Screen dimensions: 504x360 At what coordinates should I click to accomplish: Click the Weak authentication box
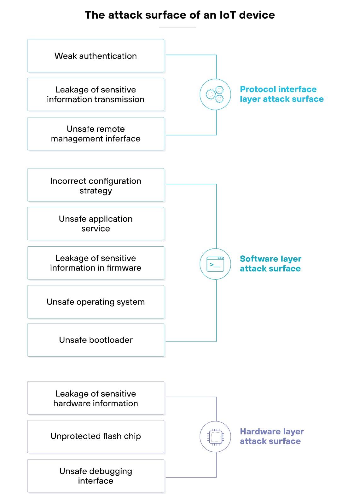tap(96, 56)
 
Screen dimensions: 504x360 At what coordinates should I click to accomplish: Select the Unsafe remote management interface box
tap(96, 134)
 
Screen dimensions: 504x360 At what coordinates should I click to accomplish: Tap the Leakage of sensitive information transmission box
tap(96, 94)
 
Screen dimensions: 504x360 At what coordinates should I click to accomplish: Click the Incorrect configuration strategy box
tap(96, 185)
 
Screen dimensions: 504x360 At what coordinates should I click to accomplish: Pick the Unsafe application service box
tap(96, 224)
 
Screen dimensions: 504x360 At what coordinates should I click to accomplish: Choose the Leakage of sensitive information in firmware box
tap(96, 263)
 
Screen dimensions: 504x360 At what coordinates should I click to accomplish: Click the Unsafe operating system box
tap(96, 302)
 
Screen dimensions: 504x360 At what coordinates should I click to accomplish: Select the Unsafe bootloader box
tap(96, 340)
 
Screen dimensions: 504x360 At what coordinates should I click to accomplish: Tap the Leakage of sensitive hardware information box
tap(96, 398)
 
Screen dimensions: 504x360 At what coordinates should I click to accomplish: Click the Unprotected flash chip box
tap(96, 437)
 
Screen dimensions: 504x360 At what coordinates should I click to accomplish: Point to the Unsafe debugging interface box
tap(96, 476)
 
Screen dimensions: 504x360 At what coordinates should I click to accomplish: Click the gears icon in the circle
tap(215, 94)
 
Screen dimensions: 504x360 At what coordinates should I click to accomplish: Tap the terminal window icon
tap(215, 264)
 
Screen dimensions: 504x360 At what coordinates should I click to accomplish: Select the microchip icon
tap(215, 437)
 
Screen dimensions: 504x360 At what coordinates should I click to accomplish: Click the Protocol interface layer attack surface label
tap(281, 94)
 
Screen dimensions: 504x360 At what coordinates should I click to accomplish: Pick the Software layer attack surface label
tap(270, 264)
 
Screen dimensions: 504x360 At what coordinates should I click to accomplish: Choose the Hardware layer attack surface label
tap(271, 436)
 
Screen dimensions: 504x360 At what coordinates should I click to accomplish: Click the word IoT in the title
tap(227, 15)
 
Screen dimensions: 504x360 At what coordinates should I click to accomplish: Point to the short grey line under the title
tap(177, 27)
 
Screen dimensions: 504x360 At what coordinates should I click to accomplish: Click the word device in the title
tap(257, 15)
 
